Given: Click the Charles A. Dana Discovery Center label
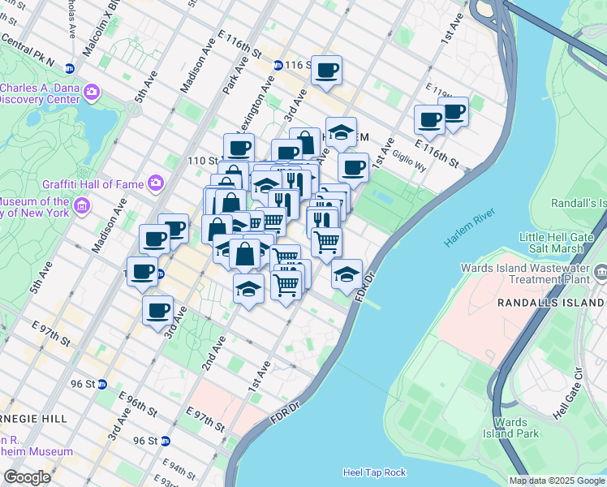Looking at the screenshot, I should click(41, 94).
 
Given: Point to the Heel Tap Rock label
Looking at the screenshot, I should click(374, 472).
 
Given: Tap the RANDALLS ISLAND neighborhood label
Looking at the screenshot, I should click(551, 302).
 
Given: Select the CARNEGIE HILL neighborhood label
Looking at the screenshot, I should click(32, 418).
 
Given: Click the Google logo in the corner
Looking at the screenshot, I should click(27, 477).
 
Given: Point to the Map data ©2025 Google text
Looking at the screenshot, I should click(557, 481).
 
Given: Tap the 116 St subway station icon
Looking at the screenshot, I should click(278, 65).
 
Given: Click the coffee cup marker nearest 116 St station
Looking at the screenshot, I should click(326, 71).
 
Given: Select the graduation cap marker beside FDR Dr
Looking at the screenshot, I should click(347, 274).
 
